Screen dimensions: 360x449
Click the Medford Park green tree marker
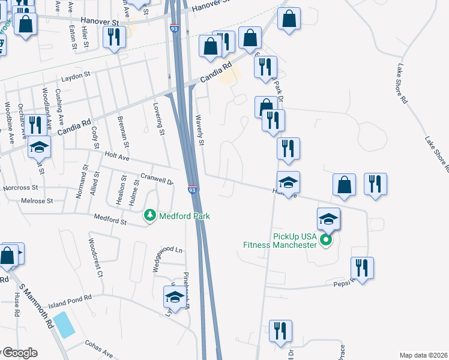(x=149, y=215)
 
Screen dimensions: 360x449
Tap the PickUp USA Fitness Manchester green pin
(x=326, y=241)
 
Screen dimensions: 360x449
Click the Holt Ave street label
(x=116, y=158)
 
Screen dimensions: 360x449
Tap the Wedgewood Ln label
(x=166, y=250)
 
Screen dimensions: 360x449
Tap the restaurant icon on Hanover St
(x=113, y=37)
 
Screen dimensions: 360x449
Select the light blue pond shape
(x=64, y=325)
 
